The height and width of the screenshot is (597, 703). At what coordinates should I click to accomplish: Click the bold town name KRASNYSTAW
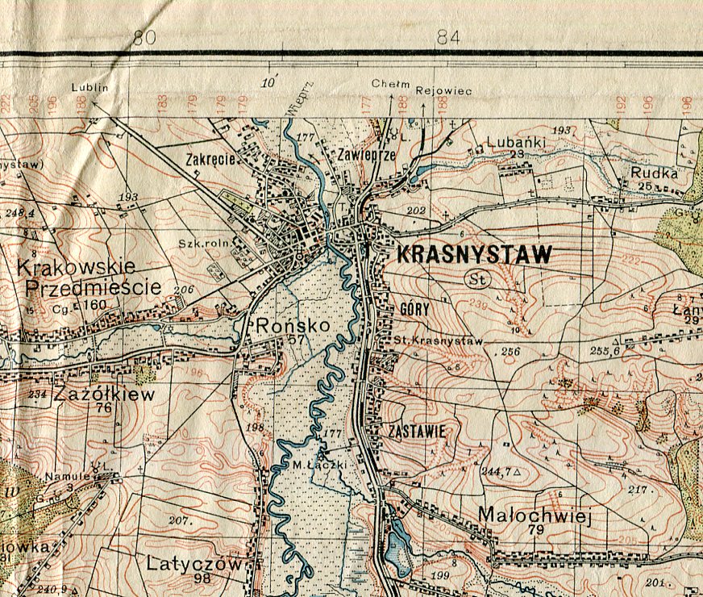[475, 255]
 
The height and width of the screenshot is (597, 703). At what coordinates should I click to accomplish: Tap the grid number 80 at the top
[144, 37]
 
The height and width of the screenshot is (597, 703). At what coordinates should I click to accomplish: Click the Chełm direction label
[391, 84]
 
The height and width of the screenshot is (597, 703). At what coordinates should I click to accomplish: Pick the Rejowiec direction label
[443, 91]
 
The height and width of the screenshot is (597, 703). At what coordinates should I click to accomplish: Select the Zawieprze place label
[367, 156]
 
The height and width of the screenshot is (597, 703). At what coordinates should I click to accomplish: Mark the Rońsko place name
[281, 326]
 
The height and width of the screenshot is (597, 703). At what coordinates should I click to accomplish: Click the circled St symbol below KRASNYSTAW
[475, 279]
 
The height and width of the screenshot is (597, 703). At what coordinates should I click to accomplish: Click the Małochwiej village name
[535, 515]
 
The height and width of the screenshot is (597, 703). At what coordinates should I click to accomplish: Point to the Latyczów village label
[194, 564]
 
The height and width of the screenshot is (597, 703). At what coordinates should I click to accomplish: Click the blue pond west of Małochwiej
[397, 545]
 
